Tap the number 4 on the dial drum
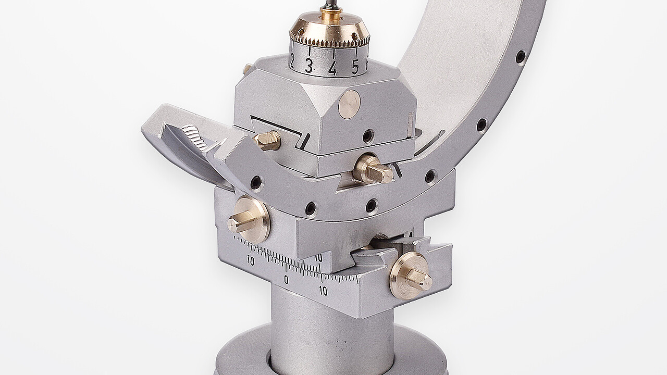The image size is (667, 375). point(332,68)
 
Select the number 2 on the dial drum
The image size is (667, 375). point(291,63)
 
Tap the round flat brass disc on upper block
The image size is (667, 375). point(350,105)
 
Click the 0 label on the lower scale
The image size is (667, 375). point(286,280)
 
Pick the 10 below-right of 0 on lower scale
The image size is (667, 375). point(323,290)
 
